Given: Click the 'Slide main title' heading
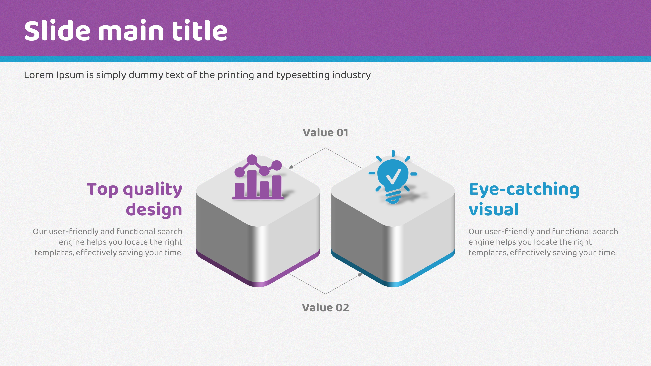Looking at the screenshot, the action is point(126,31).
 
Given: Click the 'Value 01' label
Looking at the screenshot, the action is point(325,133).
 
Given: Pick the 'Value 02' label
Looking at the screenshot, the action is point(325,308).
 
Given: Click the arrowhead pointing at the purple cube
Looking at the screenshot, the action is point(291,167).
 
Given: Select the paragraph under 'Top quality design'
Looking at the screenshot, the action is point(108,242).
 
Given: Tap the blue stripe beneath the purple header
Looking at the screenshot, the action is point(325,59).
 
